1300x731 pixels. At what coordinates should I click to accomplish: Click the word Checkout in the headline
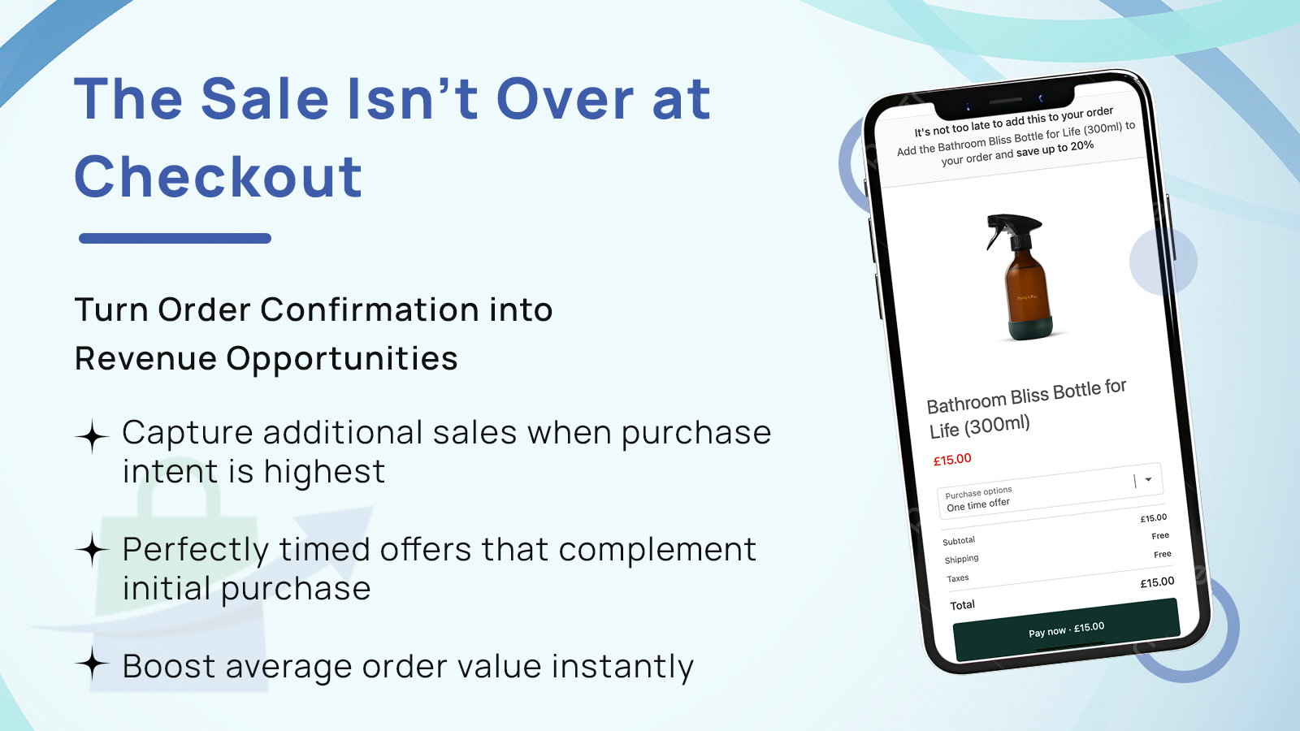(218, 177)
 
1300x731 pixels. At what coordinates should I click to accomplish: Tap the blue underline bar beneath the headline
(175, 238)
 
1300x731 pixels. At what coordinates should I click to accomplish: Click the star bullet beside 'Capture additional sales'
(93, 437)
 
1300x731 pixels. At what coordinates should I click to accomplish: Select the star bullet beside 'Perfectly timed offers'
(93, 551)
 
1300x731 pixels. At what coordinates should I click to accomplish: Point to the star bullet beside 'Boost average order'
(93, 665)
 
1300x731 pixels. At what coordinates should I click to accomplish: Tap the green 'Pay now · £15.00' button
(1066, 629)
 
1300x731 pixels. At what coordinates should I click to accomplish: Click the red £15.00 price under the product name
(952, 460)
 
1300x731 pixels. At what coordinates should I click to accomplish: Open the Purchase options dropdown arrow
(1148, 479)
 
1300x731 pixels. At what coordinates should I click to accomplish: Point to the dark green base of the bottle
(1030, 326)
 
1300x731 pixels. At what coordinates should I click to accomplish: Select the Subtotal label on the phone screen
(959, 541)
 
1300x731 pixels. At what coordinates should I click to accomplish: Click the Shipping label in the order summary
(961, 560)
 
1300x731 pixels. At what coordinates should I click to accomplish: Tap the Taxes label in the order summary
(958, 578)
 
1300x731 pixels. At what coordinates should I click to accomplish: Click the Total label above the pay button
(962, 605)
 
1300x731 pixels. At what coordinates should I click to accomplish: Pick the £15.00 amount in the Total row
(1157, 582)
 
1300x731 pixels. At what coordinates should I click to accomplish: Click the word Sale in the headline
(265, 99)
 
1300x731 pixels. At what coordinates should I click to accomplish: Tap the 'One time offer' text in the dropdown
(978, 504)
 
